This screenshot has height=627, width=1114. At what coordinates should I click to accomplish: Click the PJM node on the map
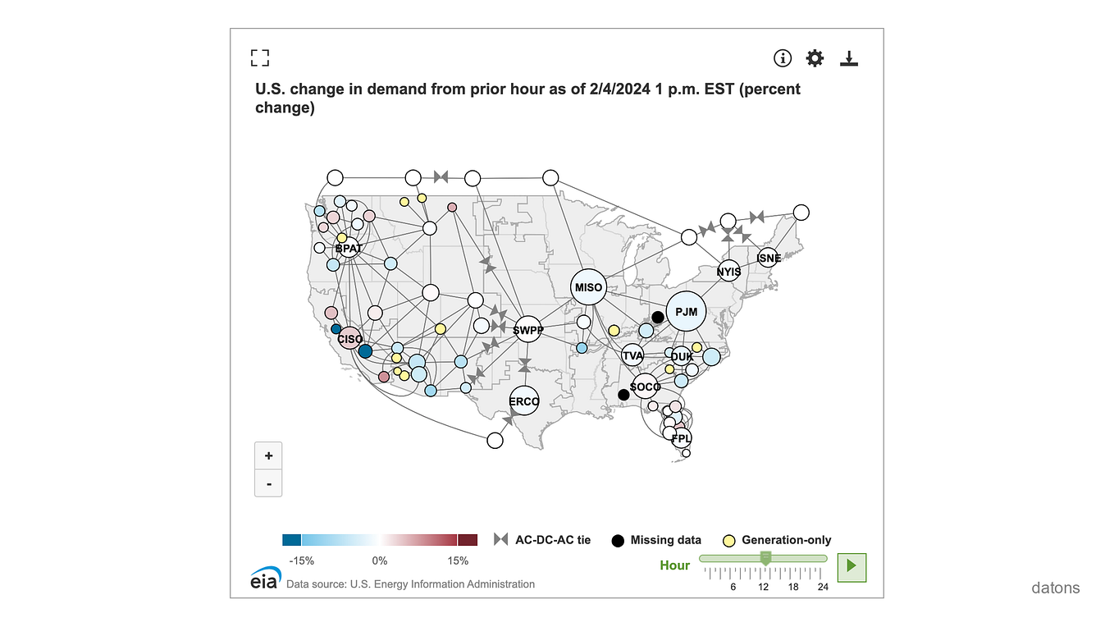(x=686, y=311)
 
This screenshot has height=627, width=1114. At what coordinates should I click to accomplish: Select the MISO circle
(x=588, y=287)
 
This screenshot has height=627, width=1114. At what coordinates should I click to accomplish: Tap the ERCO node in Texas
(x=524, y=401)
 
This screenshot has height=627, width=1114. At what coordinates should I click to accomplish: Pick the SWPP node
(x=527, y=331)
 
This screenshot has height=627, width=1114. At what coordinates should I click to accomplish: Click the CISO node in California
(x=350, y=338)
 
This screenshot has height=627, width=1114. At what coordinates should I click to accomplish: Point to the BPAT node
(x=349, y=247)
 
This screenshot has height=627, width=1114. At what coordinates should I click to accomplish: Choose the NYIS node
(x=728, y=271)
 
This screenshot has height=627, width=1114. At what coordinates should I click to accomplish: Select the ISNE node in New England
(x=769, y=258)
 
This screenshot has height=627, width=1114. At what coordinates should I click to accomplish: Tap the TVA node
(x=632, y=355)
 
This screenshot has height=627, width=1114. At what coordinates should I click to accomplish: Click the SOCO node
(x=646, y=387)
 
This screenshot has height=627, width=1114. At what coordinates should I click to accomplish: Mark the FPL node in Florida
(x=682, y=438)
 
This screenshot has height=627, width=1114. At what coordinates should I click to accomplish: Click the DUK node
(x=682, y=356)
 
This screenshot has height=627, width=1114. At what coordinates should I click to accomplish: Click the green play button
(x=851, y=566)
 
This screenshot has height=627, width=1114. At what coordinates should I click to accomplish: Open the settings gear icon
(x=815, y=57)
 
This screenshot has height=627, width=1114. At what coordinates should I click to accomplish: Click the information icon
(x=783, y=57)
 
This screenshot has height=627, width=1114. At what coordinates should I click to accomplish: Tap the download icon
(x=849, y=57)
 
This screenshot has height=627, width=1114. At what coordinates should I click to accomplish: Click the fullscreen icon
(x=260, y=57)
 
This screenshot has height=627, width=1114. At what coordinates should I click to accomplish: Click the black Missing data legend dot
(x=618, y=540)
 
